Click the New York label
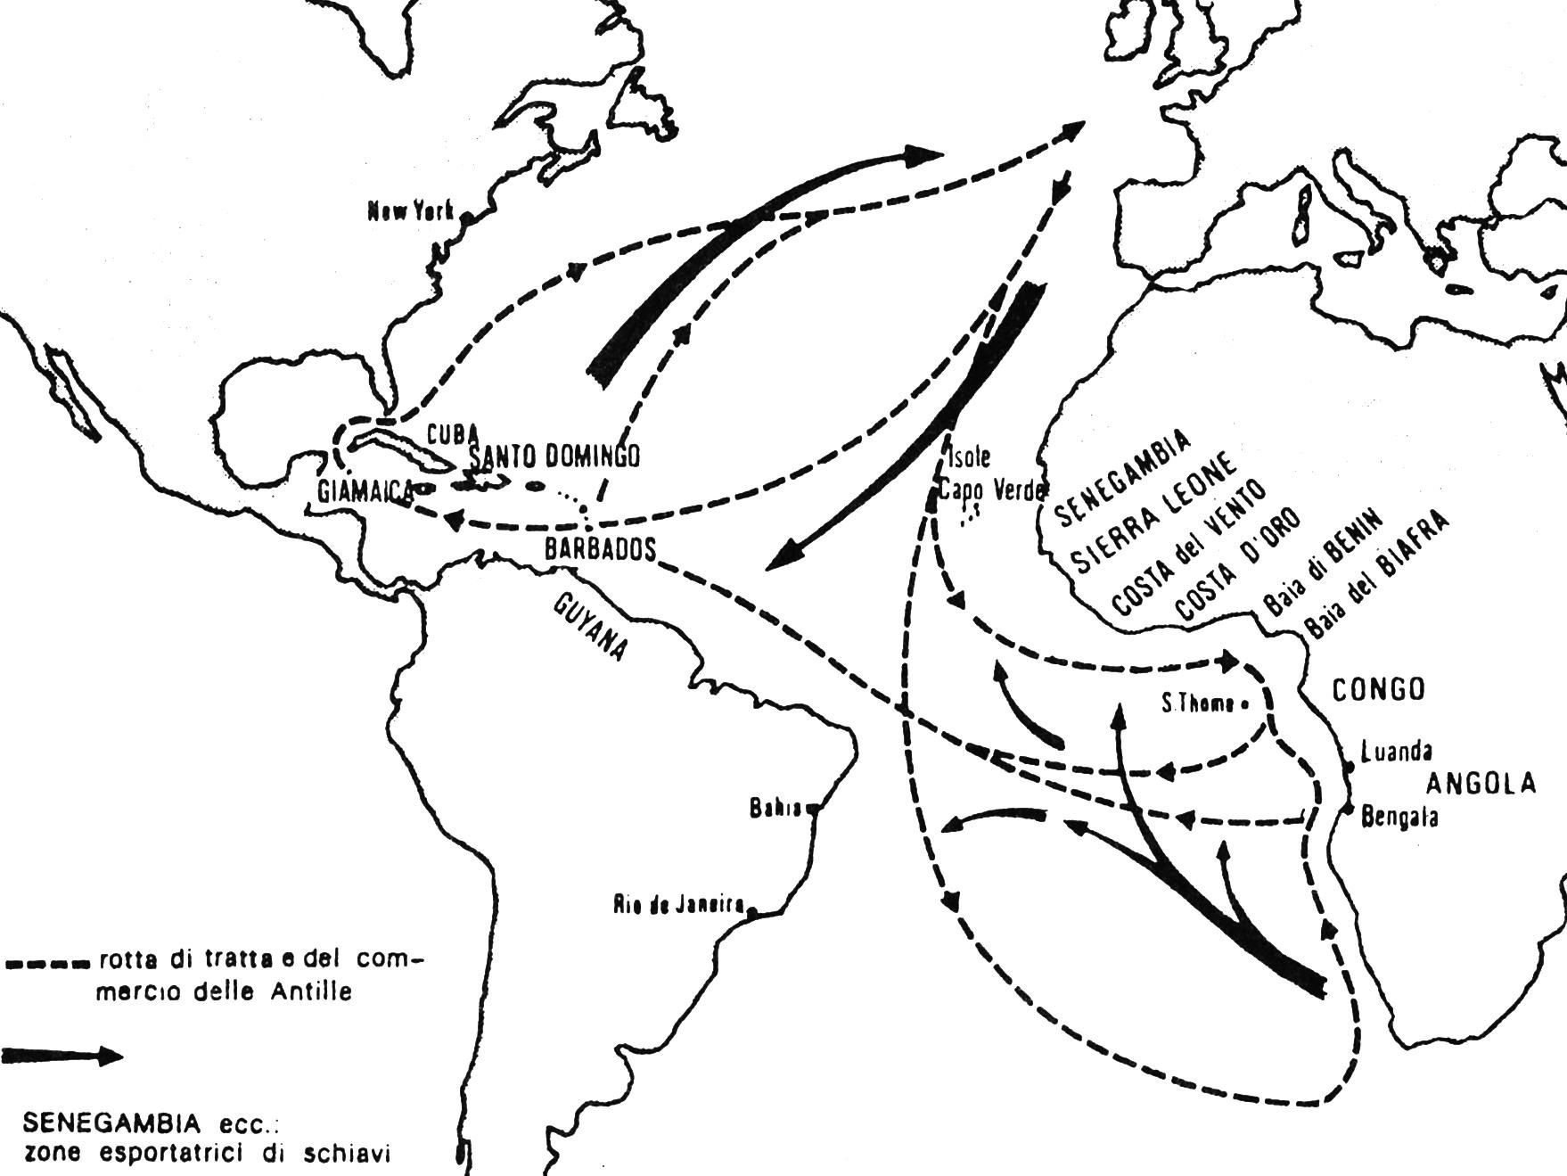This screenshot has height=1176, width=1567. pos(411,211)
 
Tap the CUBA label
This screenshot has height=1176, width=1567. pos(454,434)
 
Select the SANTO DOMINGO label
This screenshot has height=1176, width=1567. pos(554,456)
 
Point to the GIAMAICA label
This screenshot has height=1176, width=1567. pos(365,490)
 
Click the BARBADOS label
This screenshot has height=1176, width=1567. pos(600,549)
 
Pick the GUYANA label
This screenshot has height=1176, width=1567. pos(589,628)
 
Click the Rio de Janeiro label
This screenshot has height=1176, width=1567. pos(678,905)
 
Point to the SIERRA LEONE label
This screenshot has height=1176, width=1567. pos(1153,514)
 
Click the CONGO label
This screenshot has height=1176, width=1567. pos(1378,689)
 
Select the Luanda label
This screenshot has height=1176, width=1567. pos(1396,752)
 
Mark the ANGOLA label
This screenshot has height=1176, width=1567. pos(1481,784)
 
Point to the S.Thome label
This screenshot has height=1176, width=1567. pos(1198,704)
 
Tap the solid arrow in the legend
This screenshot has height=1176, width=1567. pos(62,1057)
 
